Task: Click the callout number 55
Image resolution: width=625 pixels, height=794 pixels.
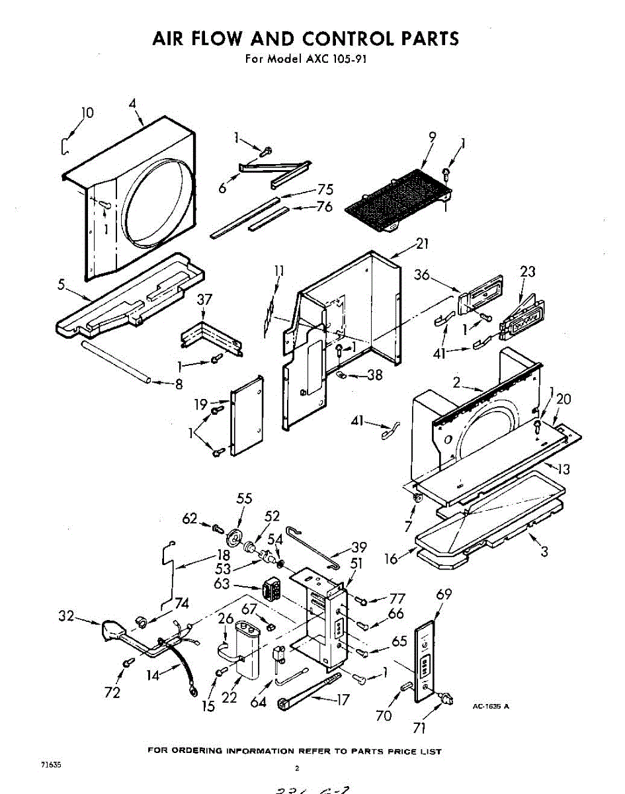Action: pyautogui.click(x=244, y=500)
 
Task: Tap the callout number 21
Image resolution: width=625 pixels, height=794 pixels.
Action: pyautogui.click(x=422, y=243)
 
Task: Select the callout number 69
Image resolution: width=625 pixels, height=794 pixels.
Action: pyautogui.click(x=444, y=594)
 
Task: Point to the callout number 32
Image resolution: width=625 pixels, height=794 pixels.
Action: pyautogui.click(x=65, y=617)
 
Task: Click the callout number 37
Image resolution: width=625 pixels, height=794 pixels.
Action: pyautogui.click(x=205, y=300)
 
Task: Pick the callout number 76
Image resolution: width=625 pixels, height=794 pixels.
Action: pyautogui.click(x=324, y=206)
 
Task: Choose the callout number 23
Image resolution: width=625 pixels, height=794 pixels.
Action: pyautogui.click(x=528, y=271)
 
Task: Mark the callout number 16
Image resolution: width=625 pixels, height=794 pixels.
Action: pyautogui.click(x=391, y=559)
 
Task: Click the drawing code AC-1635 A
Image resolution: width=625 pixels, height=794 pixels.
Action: pyautogui.click(x=490, y=706)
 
